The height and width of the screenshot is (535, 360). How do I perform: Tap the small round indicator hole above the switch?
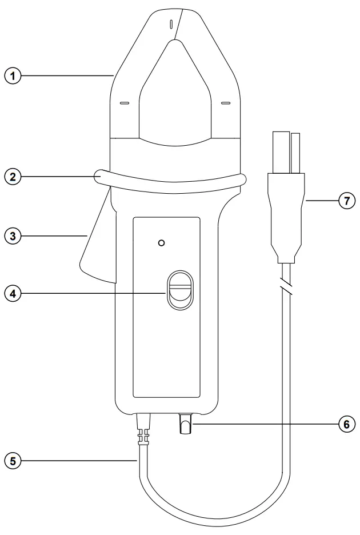pos(162,243)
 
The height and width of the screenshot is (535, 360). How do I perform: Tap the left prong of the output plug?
pos(279,151)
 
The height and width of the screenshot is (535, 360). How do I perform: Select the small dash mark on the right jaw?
pos(225,103)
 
